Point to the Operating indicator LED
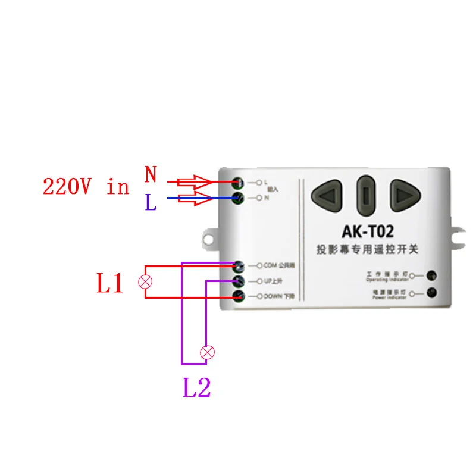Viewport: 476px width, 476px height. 431,275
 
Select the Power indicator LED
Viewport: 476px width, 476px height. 431,292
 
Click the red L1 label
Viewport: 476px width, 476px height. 110,284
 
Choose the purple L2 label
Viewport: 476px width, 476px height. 197,389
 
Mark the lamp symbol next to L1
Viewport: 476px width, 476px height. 145,281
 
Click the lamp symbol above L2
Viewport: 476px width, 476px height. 207,352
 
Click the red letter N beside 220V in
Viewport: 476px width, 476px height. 151,175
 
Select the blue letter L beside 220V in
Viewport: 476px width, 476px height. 151,203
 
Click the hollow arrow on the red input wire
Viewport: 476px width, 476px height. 196,181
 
